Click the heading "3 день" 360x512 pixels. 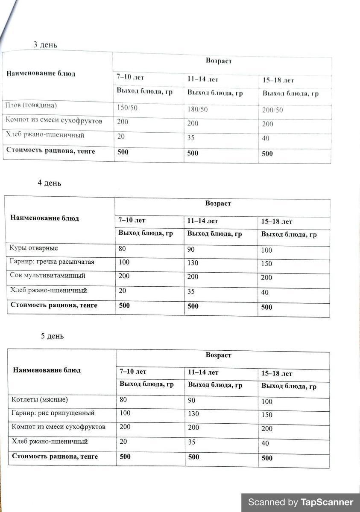coord(46,45)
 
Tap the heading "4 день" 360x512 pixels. coord(50,183)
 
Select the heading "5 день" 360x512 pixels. coord(53,336)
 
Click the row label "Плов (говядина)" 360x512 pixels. coord(31,105)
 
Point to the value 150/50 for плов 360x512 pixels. coord(127,108)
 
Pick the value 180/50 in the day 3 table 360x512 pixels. coord(197,110)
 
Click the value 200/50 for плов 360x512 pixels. coord(272,110)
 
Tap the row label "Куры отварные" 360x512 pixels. coord(34,248)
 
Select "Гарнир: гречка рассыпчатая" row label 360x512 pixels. coord(52,262)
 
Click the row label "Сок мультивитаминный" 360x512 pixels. coord(47,276)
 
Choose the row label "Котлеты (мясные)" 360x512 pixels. coord(40,400)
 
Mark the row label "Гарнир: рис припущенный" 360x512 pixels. coord(53,413)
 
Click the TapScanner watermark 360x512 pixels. coord(301,502)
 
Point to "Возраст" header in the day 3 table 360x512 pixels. coord(219,61)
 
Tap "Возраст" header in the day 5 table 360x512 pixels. coord(219,355)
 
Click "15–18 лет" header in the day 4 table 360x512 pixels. coord(277,222)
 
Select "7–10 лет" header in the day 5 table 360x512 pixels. coord(133,372)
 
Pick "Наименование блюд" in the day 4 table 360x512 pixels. coord(44,218)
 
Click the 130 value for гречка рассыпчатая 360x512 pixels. coord(193,263)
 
